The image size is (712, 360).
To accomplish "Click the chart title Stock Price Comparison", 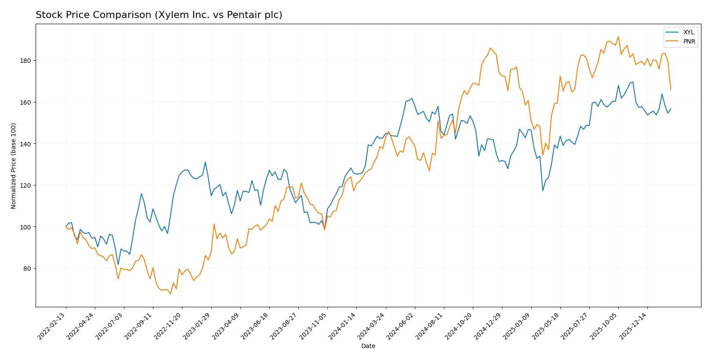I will tap(159, 15).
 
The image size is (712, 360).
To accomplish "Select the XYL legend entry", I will tap(688, 33).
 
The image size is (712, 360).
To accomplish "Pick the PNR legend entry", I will tap(689, 42).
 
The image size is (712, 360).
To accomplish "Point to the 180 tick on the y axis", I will tap(25, 61).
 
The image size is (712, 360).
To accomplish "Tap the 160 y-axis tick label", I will tap(25, 102).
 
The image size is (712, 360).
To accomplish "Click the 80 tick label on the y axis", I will tap(27, 269).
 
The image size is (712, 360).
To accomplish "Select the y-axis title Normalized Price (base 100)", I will tap(14, 166).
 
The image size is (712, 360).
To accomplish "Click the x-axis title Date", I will tap(368, 346).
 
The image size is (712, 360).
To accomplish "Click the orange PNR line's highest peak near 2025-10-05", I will tap(618, 36).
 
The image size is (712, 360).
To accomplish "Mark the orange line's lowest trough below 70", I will tap(170, 294).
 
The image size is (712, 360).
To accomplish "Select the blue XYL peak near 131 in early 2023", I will tap(205, 162).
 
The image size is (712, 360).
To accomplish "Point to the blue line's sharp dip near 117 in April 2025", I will tap(543, 190).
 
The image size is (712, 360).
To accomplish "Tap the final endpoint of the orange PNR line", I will tap(670, 90).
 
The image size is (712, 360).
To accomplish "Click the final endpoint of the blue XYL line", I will tap(671, 109).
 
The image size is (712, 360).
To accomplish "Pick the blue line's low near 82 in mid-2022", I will tap(118, 265).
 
